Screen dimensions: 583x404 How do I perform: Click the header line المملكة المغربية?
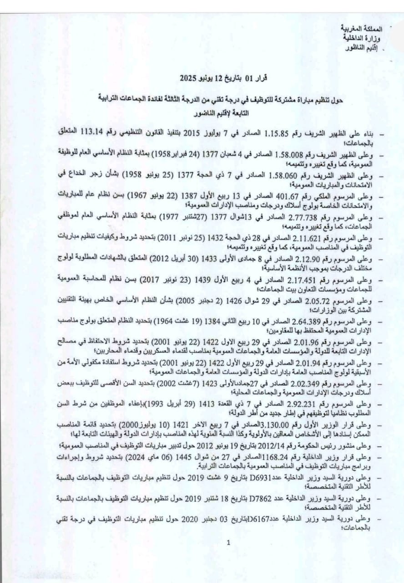pos(367,29)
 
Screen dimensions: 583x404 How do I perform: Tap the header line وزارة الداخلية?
pos(370,38)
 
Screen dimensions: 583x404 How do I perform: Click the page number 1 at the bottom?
pos(228,542)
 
